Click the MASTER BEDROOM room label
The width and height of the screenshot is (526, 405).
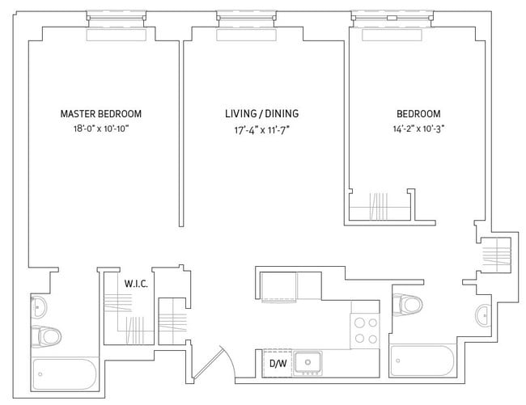[x=106, y=114]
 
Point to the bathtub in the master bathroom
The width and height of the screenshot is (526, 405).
[x=65, y=373]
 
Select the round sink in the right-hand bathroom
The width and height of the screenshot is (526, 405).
[x=483, y=312]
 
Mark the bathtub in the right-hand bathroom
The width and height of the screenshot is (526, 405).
[x=424, y=357]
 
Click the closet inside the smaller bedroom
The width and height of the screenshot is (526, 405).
[x=380, y=205]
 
